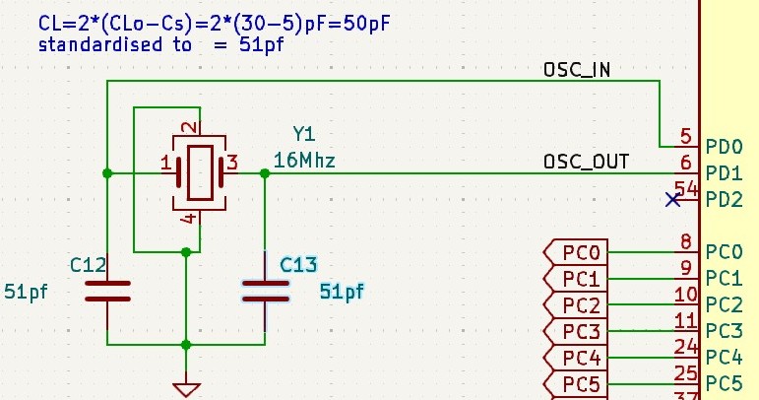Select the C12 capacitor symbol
(x=107, y=291)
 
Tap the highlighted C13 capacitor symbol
(x=266, y=291)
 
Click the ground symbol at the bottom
(x=186, y=389)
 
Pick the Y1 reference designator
(x=305, y=134)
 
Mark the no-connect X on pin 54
(x=673, y=200)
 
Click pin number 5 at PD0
(x=685, y=136)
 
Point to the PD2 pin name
(x=724, y=200)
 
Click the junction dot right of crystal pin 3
(x=265, y=173)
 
